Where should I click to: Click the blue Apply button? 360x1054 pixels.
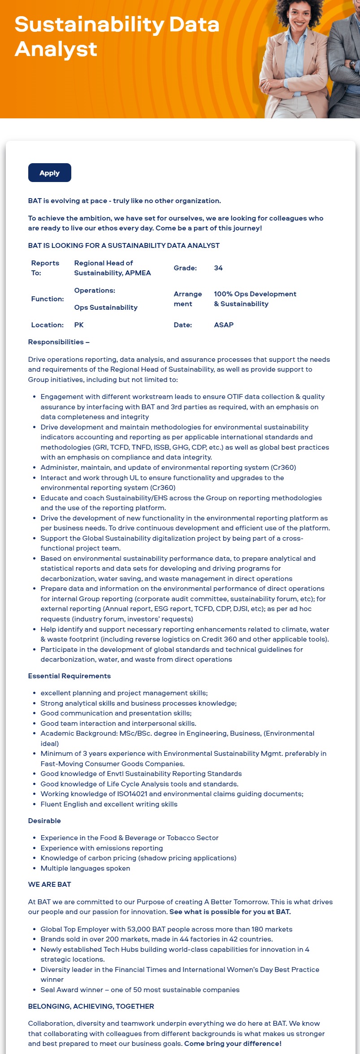pos(49,173)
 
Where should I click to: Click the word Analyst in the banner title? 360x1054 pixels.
pos(56,49)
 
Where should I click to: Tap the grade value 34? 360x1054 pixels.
pos(218,268)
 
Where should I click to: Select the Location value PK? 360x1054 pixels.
pos(79,325)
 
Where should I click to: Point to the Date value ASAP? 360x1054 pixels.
pos(224,325)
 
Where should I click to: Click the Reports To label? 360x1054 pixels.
pos(45,268)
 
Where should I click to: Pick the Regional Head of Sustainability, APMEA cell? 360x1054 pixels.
pos(112,268)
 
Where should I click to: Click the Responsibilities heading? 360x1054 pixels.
pos(59,342)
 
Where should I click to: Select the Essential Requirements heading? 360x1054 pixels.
pos(69,676)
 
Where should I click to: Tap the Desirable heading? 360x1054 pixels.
pos(44,821)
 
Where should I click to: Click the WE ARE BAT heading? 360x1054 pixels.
pos(49,885)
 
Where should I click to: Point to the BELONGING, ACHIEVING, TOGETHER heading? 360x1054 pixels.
pos(91,1006)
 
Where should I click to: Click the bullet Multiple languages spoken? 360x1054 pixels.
pos(85,868)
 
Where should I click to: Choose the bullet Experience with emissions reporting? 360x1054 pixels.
pos(102,848)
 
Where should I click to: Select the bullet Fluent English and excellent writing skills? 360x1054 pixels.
pos(109,804)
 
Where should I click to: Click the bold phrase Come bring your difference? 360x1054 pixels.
pos(233,1044)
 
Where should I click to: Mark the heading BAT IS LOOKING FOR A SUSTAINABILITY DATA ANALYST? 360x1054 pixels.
pos(124,246)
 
